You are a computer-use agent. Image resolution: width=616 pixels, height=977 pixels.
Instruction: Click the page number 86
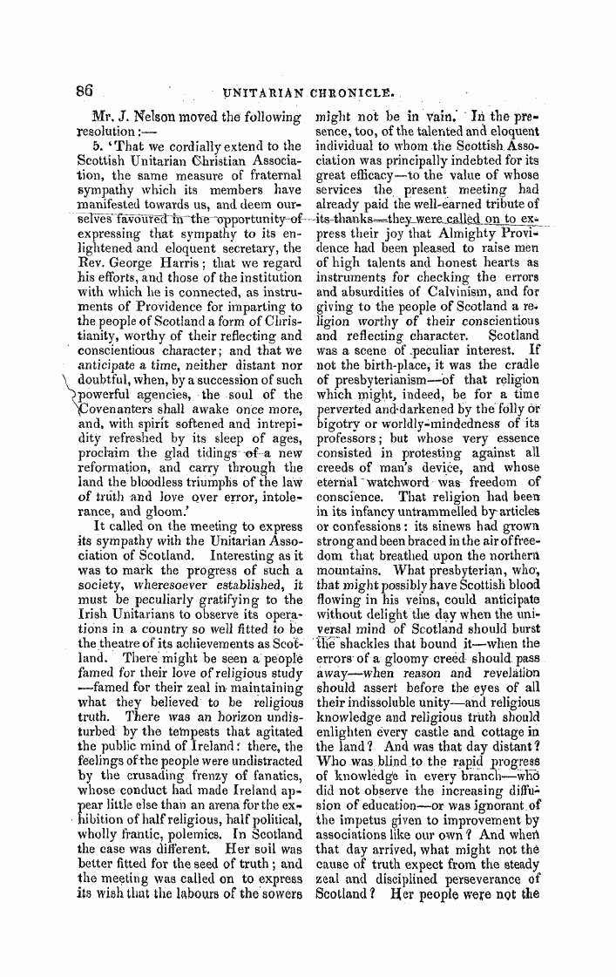coord(84,89)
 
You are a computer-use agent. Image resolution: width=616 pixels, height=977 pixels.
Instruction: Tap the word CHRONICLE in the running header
coord(348,90)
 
